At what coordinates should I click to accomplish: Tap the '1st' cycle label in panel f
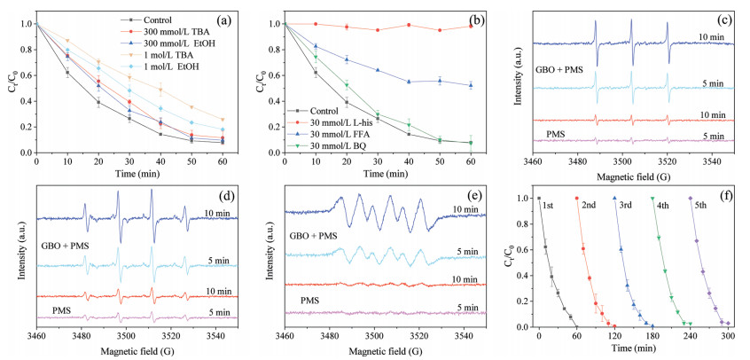550,204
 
